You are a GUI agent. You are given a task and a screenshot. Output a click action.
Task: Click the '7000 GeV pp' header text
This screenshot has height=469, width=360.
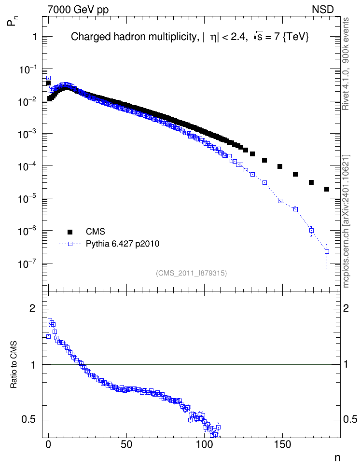point(78,9)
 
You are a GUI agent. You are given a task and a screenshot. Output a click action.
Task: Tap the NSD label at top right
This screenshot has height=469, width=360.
point(322,9)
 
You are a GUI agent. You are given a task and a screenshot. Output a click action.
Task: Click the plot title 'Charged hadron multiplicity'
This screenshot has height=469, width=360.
point(134,37)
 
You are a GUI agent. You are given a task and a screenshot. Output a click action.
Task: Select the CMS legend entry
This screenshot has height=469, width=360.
point(95,232)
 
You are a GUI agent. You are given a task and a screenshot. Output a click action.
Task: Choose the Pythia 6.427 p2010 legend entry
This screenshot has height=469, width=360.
point(123,244)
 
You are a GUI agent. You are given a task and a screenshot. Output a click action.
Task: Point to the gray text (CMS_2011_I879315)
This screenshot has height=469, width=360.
point(191,273)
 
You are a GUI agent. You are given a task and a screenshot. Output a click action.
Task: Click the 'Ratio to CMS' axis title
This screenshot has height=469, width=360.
point(14,364)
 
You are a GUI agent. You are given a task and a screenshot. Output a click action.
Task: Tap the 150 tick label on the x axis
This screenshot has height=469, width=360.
point(282,444)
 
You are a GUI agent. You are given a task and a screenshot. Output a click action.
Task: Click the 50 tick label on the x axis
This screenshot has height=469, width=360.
point(126,444)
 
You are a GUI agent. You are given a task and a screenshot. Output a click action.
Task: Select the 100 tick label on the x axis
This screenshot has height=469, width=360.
point(204,444)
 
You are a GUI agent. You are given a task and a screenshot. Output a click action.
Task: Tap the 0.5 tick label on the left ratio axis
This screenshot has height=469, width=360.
point(29,420)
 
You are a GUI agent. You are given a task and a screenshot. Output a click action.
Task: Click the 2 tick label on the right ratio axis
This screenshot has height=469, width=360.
point(346,308)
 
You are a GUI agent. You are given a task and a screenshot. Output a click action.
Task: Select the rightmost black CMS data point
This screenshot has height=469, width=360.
point(327,189)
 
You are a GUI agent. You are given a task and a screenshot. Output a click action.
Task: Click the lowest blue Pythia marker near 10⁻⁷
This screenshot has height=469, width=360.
point(327,251)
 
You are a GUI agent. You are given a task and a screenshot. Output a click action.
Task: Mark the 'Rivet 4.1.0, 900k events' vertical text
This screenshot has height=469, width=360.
point(346,64)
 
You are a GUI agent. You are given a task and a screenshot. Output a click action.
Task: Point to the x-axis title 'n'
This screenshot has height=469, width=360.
point(337,458)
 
